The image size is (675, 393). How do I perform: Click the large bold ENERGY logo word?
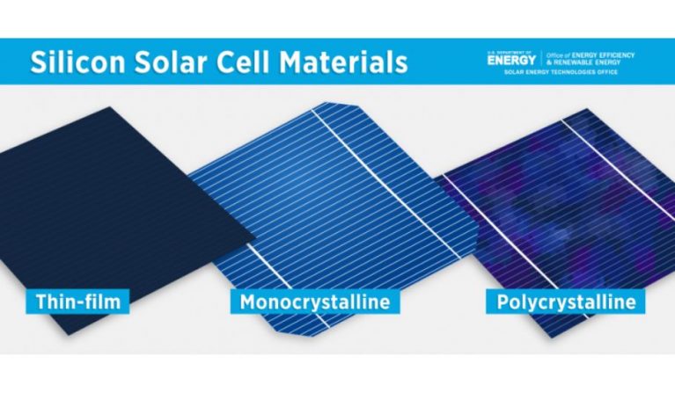pyautogui.click(x=510, y=61)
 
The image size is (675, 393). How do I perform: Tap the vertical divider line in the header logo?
pyautogui.click(x=542, y=58)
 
